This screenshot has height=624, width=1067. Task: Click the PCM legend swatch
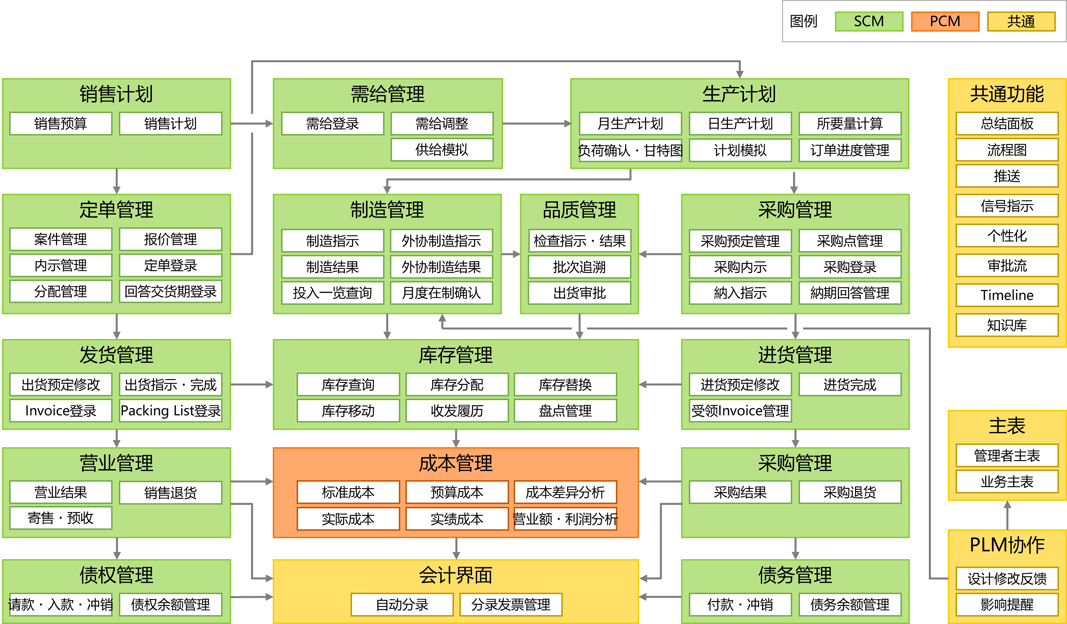(x=945, y=21)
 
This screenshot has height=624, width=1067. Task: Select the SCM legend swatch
(x=869, y=21)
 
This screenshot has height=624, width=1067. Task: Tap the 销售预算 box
(x=61, y=124)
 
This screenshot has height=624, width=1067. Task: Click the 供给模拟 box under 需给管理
(x=442, y=150)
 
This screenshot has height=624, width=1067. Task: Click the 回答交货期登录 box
(x=171, y=291)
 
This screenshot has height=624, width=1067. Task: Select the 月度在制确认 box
(x=442, y=292)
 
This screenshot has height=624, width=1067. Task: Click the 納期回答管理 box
(x=850, y=292)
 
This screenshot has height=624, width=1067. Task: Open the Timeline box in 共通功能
(x=1007, y=295)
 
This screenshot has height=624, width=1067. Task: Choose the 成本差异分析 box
(x=565, y=492)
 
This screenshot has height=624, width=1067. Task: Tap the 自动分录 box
(x=402, y=604)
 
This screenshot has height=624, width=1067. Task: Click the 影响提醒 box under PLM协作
(x=1007, y=604)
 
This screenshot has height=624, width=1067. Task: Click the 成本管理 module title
(x=456, y=463)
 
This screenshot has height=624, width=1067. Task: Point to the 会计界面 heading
(x=456, y=575)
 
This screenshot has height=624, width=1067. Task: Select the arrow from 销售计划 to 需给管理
(x=252, y=124)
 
